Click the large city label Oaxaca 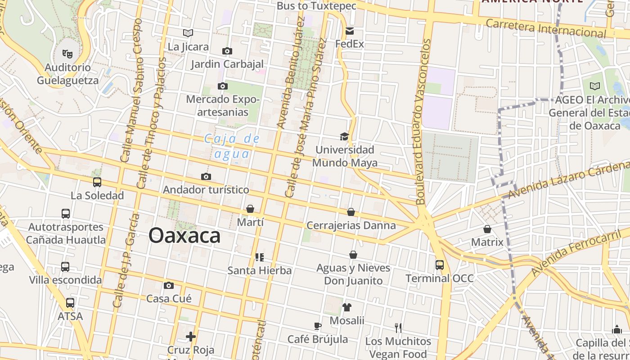point(184,235)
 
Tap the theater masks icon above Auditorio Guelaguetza point(67,54)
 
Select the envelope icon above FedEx point(350,31)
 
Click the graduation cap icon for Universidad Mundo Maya point(344,136)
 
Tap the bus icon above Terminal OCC point(440,265)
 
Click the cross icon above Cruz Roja point(191,336)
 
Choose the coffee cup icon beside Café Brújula point(318,326)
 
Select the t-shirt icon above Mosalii point(346,307)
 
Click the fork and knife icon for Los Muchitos point(398,328)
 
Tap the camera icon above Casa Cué point(169,285)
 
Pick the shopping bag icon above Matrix point(487,229)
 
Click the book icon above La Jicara point(188,33)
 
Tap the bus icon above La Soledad point(97,182)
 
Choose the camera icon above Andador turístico point(206,176)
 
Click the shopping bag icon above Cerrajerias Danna point(351,212)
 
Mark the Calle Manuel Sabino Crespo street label point(131,90)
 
